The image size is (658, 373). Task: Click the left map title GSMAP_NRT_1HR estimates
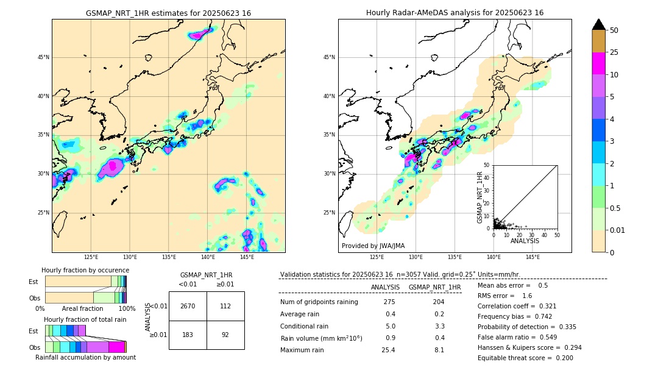point(168,13)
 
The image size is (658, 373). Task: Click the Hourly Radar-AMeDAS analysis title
point(455,13)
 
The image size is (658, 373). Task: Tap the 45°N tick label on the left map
point(43,57)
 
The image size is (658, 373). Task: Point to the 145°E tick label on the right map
point(532,257)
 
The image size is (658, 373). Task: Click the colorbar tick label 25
point(615,52)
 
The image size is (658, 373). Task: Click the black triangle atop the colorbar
point(599,24)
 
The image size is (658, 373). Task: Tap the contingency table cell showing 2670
point(188,306)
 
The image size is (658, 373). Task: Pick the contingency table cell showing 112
point(225,306)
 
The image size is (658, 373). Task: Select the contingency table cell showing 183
point(188,335)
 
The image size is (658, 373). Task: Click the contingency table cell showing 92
point(225,335)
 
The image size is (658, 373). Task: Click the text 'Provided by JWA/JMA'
point(373,246)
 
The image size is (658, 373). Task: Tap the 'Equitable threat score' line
point(525,358)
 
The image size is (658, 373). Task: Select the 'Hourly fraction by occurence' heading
point(85,270)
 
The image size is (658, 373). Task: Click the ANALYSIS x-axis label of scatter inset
point(525,241)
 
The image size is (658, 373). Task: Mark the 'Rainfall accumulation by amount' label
point(85,357)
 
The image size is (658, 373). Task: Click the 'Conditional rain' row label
point(305,326)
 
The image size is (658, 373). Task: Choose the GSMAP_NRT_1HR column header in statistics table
point(434,287)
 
